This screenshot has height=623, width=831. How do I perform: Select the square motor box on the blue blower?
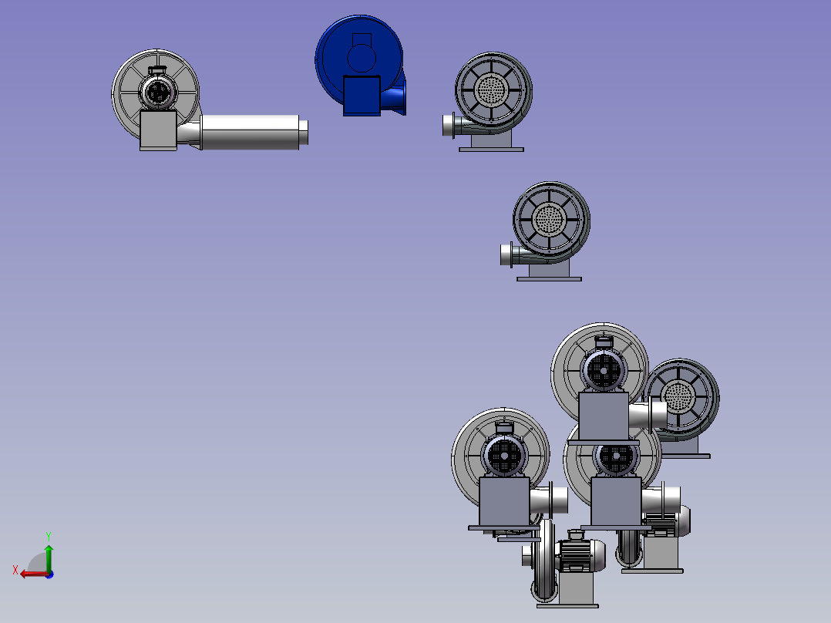pyautogui.click(x=362, y=96)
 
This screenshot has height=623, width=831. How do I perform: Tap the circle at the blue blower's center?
pyautogui.click(x=362, y=58)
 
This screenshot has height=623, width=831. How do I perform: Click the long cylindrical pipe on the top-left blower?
pyautogui.click(x=250, y=132)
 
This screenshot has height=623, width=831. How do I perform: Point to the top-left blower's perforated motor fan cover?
pyautogui.click(x=157, y=93)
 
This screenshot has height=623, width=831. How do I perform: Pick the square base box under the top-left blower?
pyautogui.click(x=159, y=130)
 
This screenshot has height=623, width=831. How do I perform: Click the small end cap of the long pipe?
pyautogui.click(x=304, y=132)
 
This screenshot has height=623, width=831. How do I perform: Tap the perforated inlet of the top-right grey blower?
pyautogui.click(x=491, y=89)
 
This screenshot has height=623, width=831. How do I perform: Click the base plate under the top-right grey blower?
pyautogui.click(x=491, y=150)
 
